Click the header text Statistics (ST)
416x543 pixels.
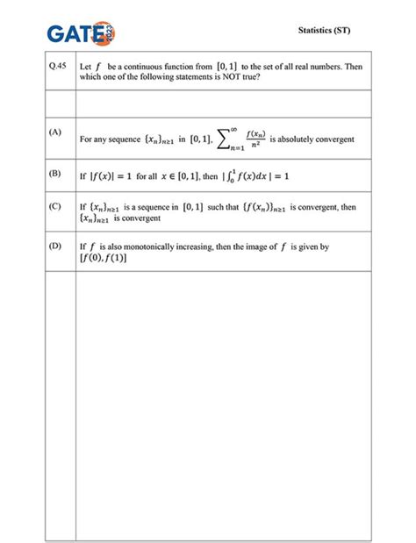[327, 31]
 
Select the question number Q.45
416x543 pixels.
[58, 65]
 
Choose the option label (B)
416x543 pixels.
[55, 173]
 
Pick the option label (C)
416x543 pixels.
[55, 206]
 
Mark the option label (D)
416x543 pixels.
[55, 246]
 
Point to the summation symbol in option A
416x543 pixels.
[227, 138]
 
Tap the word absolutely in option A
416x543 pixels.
[304, 139]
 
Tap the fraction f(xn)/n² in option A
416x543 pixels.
[255, 139]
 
